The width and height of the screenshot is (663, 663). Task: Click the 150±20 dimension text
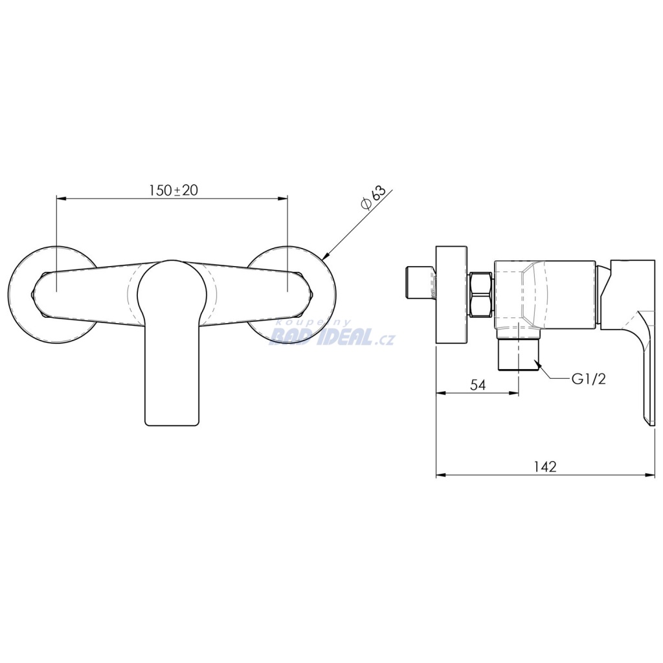coord(174,190)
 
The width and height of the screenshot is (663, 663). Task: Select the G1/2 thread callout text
coord(589,379)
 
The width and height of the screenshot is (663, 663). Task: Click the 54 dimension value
coord(477,385)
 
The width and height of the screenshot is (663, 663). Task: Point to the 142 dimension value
coord(545,466)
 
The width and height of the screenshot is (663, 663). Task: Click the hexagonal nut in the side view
coord(481,295)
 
